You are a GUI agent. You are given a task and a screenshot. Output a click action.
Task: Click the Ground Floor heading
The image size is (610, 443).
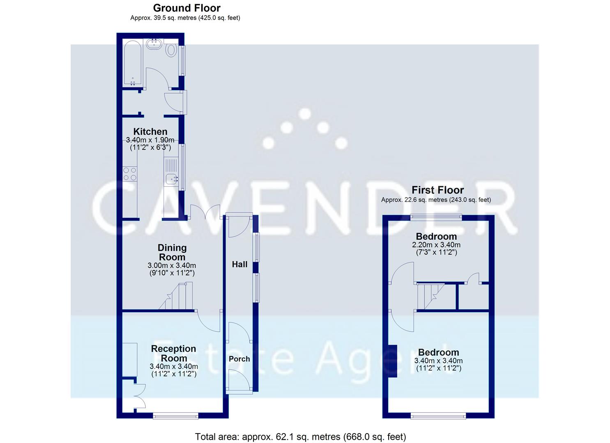(x=186, y=8)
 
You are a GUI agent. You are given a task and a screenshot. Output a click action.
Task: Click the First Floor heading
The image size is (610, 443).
(x=437, y=190)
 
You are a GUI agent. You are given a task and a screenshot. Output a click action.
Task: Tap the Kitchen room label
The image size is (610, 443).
(x=150, y=132)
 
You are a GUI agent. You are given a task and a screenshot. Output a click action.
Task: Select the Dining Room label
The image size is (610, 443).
(x=172, y=252)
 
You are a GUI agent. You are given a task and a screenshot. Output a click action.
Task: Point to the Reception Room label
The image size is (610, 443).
(x=173, y=353)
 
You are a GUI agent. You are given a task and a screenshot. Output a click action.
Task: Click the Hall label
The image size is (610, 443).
(x=239, y=265)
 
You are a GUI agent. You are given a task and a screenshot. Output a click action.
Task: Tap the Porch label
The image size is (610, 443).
(x=239, y=359)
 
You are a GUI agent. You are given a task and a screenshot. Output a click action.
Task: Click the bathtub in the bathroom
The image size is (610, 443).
(x=133, y=63)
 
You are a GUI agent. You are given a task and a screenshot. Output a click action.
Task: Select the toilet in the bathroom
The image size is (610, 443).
(x=171, y=50)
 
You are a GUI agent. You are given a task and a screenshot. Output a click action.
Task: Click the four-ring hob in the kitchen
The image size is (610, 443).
(x=130, y=174)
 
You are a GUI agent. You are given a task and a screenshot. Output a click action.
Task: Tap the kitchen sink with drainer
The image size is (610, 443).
(x=170, y=172)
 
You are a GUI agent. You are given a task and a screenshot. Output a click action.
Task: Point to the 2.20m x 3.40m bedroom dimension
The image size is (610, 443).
(x=436, y=245)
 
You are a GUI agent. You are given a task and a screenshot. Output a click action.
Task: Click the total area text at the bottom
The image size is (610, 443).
(x=300, y=436)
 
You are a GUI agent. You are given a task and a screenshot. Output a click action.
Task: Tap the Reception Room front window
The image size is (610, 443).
(x=175, y=416)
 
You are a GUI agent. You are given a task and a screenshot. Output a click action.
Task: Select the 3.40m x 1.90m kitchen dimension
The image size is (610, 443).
(x=150, y=140)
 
